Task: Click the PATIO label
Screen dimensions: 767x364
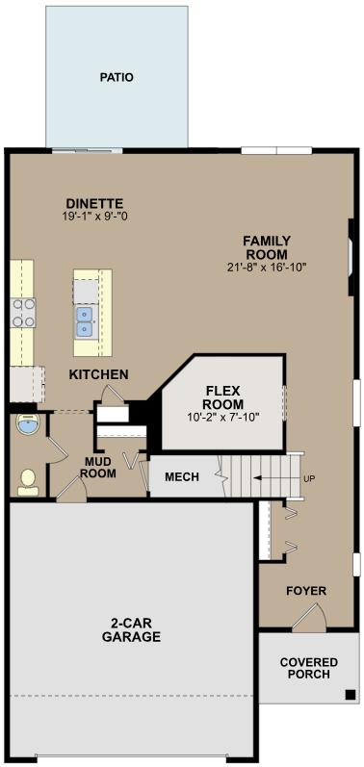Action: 117,77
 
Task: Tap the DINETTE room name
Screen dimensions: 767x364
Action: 94,203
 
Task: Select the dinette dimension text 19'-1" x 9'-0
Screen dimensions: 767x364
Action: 94,217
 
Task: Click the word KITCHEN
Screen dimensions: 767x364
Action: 98,373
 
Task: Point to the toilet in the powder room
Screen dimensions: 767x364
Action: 28,478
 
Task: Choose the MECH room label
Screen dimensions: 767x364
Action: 182,477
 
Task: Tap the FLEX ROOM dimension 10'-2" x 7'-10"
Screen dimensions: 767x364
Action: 222,418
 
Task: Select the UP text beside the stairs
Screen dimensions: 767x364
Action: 308,478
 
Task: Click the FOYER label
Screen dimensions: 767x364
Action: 306,590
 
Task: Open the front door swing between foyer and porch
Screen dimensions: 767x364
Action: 307,621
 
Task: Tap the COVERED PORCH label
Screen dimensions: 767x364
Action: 308,669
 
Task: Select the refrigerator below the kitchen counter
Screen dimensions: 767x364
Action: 23,382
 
